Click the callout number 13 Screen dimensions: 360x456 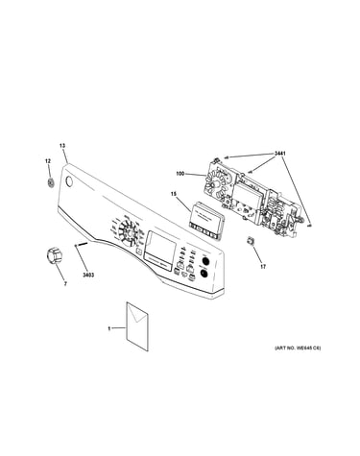tap(62, 146)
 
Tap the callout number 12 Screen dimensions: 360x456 tap(48, 161)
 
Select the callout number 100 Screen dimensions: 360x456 tap(180, 174)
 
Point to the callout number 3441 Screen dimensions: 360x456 tap(279, 154)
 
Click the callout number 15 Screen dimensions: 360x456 tap(174, 194)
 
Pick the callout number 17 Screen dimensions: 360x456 tap(263, 267)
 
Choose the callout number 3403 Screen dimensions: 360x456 tap(88, 275)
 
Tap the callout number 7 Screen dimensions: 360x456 tap(65, 283)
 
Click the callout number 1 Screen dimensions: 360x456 tap(108, 328)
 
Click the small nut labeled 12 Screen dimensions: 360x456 tap(50, 183)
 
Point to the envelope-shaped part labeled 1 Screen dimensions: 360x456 tap(138, 325)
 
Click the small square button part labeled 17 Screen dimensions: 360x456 tap(251, 240)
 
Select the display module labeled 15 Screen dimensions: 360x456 tap(204, 221)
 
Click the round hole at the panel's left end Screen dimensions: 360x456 tap(68, 181)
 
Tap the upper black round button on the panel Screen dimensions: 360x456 tap(204, 261)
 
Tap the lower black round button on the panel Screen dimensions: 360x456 tap(203, 274)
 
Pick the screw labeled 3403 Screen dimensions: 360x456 tap(82, 244)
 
